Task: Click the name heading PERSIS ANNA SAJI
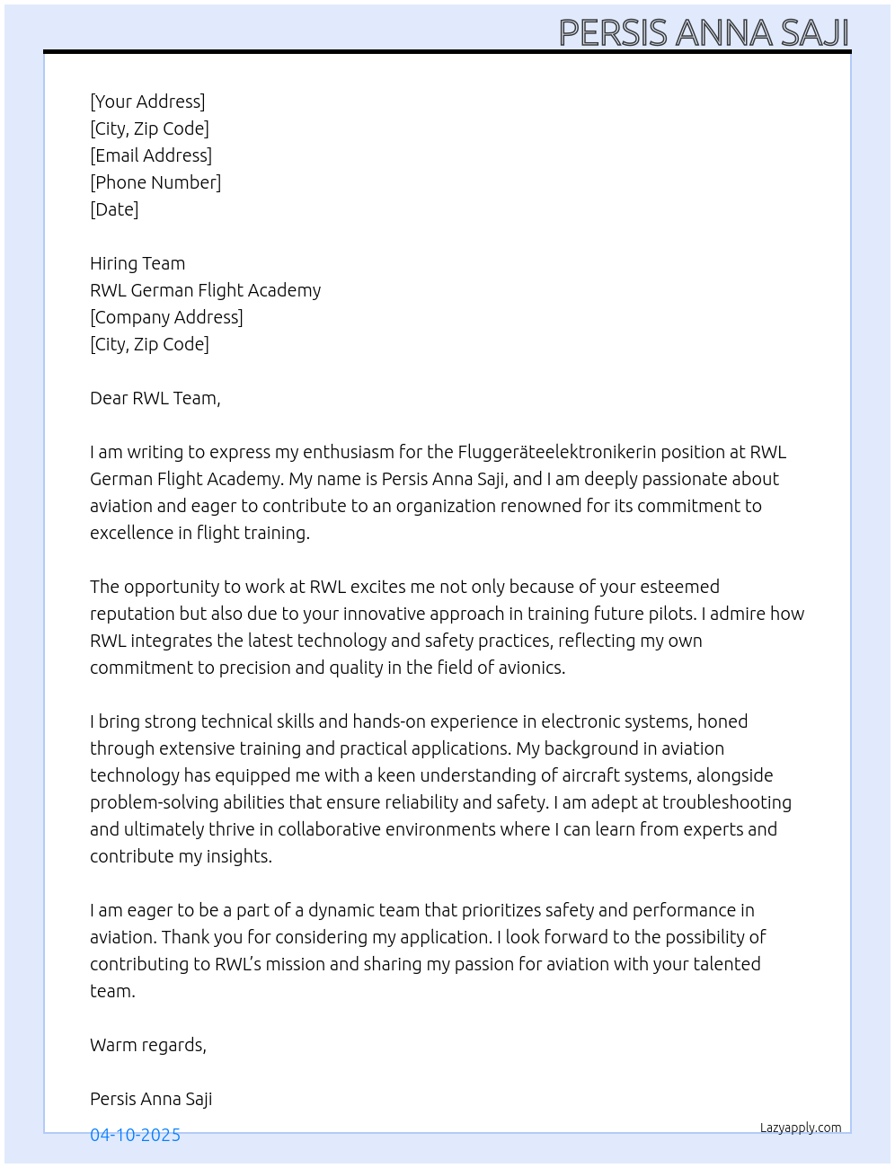pyautogui.click(x=704, y=33)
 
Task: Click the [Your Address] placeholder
pyautogui.click(x=147, y=102)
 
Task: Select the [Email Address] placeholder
pyautogui.click(x=151, y=155)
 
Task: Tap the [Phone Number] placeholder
pyautogui.click(x=155, y=182)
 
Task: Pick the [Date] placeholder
pyautogui.click(x=114, y=209)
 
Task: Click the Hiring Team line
pyautogui.click(x=137, y=263)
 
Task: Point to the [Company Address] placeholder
pyautogui.click(x=166, y=317)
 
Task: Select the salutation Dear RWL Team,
pyautogui.click(x=155, y=398)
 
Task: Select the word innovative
pyautogui.click(x=383, y=614)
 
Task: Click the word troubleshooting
pyautogui.click(x=727, y=802)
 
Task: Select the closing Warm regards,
pyautogui.click(x=148, y=1045)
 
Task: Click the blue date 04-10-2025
pyautogui.click(x=135, y=1135)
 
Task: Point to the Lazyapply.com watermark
pyautogui.click(x=801, y=1128)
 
